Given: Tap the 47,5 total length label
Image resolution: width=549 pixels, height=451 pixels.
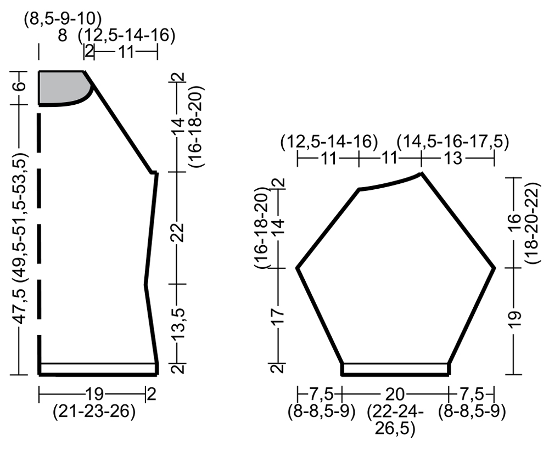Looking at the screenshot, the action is pos(21,307).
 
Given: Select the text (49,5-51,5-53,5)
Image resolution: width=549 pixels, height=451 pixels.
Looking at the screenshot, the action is pos(21,217).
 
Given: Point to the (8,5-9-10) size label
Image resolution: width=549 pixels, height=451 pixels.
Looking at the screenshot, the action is pos(63,19).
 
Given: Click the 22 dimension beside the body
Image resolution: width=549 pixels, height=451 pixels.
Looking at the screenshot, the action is pos(178,232).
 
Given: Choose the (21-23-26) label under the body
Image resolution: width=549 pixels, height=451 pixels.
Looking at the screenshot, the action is pos(94,411).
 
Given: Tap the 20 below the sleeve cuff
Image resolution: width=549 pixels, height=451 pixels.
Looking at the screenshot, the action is pos(395,394).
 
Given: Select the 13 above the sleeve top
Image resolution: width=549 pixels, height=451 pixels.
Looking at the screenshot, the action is pos(453,159).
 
